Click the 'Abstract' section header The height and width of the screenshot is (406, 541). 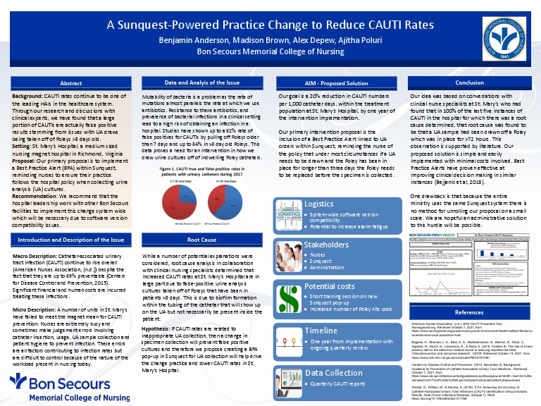point(71,83)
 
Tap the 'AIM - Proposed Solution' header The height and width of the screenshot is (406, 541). point(336,83)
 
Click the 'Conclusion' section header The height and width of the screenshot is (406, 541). point(469,83)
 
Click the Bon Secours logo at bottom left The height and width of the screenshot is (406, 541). point(56,385)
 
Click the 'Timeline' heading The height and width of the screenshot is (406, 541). point(321,330)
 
